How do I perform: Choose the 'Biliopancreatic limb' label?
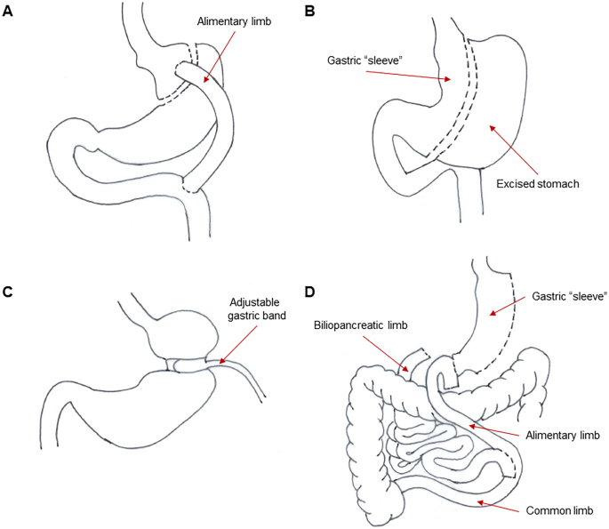point(359,325)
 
